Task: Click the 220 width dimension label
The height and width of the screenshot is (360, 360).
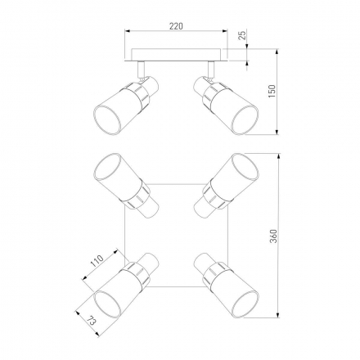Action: [176, 26]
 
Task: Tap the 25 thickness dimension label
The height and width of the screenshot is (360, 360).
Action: [242, 35]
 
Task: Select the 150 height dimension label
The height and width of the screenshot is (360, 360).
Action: [272, 92]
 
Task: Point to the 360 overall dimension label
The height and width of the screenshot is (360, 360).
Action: [273, 236]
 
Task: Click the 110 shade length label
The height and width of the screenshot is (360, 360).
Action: [97, 261]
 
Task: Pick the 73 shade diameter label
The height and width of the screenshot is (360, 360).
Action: [92, 321]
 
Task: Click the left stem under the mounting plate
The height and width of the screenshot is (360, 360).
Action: [141, 70]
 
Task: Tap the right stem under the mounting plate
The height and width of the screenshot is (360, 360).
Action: [210, 70]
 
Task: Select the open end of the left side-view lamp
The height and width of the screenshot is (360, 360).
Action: [107, 119]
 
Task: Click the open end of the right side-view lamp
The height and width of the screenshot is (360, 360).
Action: [245, 119]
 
